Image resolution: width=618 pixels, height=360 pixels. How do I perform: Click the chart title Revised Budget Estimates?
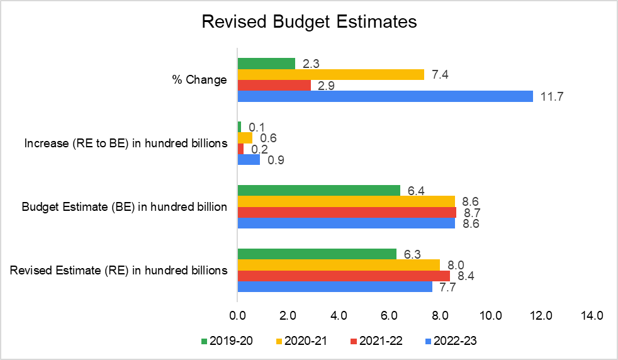tap(309, 22)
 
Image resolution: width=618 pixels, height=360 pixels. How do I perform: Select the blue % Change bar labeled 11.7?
tap(385, 96)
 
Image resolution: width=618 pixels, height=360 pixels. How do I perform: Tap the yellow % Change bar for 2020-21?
tap(330, 74)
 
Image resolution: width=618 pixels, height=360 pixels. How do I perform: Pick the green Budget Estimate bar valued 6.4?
tap(318, 191)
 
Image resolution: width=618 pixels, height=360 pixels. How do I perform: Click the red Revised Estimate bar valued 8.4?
tap(344, 276)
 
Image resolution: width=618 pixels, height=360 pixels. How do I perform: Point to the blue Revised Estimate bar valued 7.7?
tap(335, 287)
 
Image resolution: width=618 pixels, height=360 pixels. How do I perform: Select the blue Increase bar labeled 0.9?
tap(249, 160)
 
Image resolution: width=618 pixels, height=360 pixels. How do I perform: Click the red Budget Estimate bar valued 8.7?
tap(347, 213)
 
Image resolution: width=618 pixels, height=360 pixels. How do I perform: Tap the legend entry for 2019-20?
tap(227, 341)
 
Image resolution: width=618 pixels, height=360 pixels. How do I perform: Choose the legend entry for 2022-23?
tap(451, 341)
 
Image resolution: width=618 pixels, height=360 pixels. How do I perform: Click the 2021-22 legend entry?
tap(376, 341)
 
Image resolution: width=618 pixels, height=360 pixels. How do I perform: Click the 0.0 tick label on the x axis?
tap(237, 314)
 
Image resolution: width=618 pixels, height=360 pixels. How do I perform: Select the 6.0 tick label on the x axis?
tap(389, 314)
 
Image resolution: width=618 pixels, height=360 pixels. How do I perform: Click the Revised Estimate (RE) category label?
tap(119, 270)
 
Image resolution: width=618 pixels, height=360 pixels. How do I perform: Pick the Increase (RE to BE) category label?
tap(126, 143)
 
